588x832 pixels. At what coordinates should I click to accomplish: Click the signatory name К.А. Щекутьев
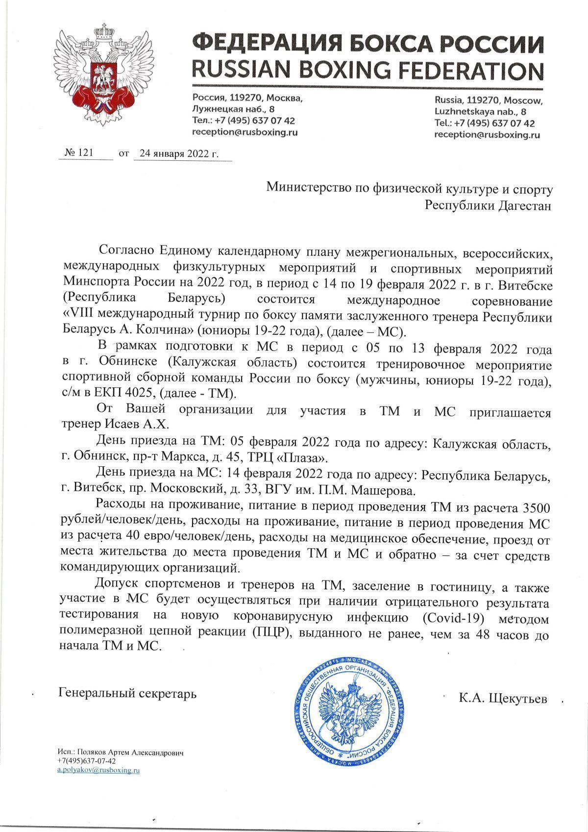(x=503, y=698)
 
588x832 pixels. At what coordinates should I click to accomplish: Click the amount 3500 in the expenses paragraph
(x=538, y=506)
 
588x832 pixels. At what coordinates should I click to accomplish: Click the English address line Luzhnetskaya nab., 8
(x=487, y=112)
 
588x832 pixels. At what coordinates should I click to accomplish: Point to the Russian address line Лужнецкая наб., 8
(x=234, y=109)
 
